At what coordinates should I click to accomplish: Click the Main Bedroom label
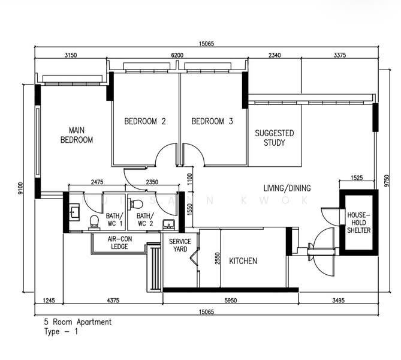77,135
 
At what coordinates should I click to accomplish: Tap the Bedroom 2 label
145,121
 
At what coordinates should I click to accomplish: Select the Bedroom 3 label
212,121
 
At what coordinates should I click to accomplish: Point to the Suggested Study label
275,138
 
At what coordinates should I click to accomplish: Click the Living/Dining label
287,188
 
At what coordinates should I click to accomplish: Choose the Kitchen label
243,261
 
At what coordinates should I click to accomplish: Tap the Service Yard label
180,245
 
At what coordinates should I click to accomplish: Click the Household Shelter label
359,223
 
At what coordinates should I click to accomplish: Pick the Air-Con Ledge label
120,243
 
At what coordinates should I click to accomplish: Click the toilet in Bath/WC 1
94,222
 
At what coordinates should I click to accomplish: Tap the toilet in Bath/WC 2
137,204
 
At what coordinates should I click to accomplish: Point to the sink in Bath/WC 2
169,224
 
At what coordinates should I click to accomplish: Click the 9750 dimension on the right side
387,181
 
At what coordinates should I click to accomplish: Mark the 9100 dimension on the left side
20,188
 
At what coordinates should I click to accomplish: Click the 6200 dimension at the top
177,55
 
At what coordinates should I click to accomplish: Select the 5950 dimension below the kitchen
231,300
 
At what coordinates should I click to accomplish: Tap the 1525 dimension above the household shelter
357,178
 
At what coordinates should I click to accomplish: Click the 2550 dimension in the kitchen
218,259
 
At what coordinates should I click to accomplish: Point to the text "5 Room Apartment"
78,322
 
